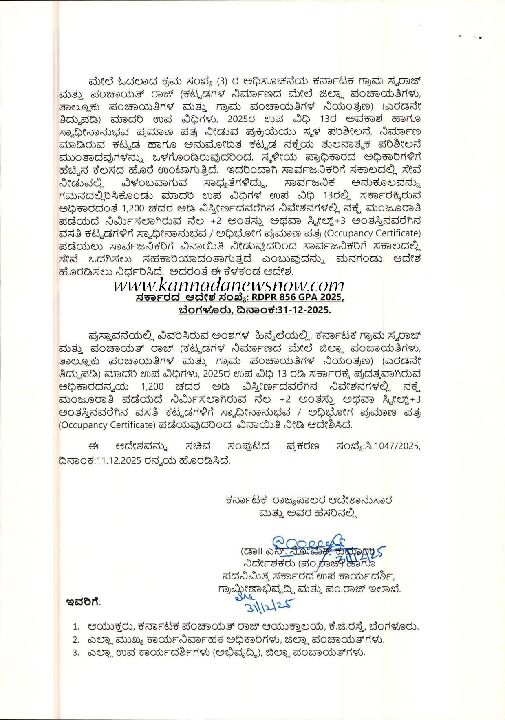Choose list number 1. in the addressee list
coord(76,626)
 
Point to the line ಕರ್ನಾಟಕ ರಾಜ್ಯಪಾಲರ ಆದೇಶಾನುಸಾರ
coord(308,500)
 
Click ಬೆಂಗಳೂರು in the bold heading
coord(202,310)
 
